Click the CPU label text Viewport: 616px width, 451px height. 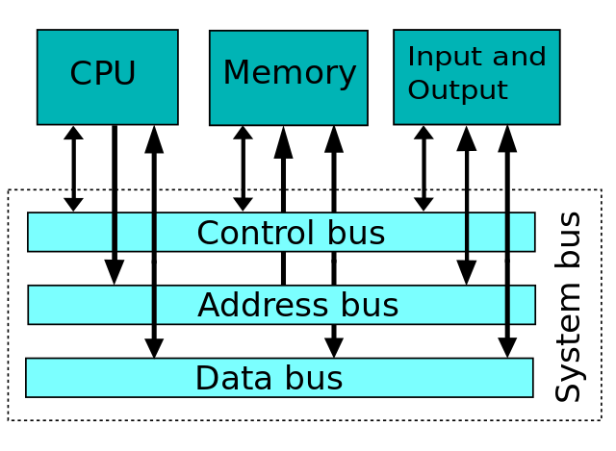(103, 74)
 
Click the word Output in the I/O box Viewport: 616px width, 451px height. (457, 90)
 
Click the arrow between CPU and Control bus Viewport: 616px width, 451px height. (73, 168)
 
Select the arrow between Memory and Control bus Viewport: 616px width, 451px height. (243, 168)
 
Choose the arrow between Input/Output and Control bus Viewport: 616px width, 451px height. (423, 168)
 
